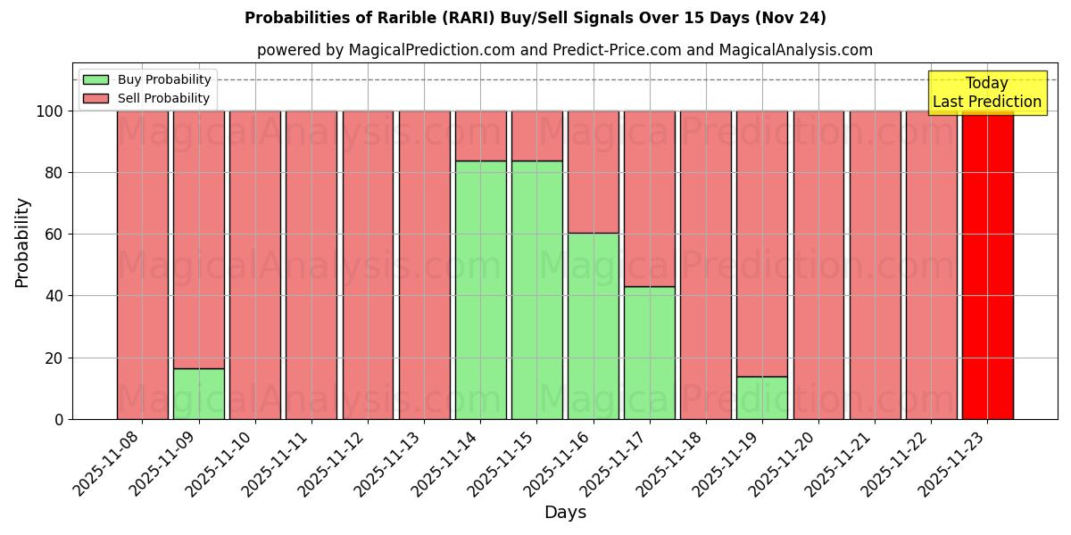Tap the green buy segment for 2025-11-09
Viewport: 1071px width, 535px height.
198,393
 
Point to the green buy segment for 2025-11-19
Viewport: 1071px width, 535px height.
761,398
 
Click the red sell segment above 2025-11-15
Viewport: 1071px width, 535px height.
536,136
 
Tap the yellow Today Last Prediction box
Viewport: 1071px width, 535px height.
986,93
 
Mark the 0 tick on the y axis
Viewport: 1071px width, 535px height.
58,419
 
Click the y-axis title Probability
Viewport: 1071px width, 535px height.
22,243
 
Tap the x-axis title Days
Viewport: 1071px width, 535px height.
565,513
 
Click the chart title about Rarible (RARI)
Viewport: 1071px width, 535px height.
535,18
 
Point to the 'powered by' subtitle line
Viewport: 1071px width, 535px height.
564,50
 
